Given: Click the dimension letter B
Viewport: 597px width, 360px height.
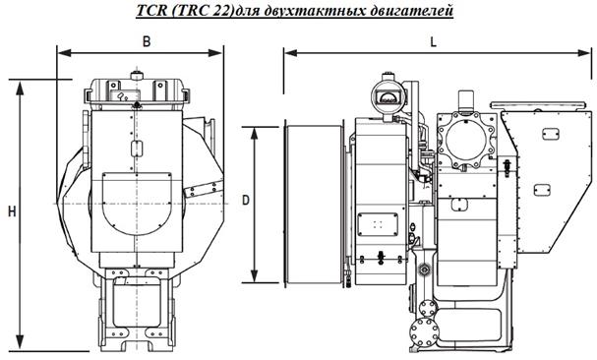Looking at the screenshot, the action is coord(147,41).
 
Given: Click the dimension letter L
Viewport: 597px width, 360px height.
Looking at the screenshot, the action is coord(434,42).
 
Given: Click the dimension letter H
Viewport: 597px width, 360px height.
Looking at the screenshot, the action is coord(12,211).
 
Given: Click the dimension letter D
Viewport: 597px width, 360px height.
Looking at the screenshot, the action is coord(246,200).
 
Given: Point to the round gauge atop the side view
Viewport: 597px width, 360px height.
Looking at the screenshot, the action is coord(388,96).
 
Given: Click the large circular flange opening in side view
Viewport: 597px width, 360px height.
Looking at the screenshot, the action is coord(465,140).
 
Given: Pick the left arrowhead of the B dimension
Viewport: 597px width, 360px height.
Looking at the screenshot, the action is coord(64,52).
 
